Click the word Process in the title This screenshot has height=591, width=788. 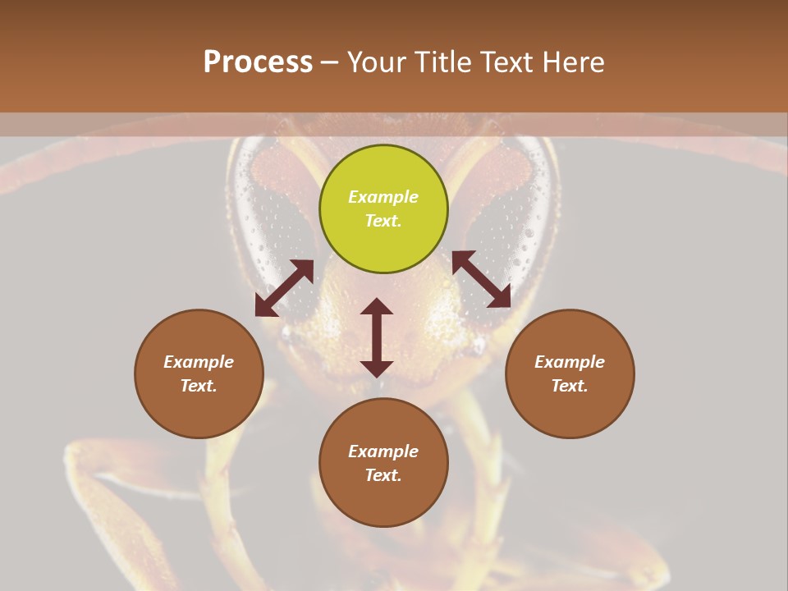pos(258,62)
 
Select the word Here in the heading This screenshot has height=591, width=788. pos(572,62)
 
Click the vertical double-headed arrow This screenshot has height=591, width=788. pos(377,337)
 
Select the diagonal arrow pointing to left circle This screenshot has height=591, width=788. pos(284,288)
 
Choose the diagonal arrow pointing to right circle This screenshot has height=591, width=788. pos(482,279)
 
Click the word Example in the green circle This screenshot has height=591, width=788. pos(383,197)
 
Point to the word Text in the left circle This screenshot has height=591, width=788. pos(199,386)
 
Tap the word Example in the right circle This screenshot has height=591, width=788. pos(570,362)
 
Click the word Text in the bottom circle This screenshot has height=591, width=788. pos(383,475)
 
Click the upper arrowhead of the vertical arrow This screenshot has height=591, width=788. pos(377,306)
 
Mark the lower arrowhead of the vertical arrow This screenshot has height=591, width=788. pos(377,369)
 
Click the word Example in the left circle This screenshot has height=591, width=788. pos(199,362)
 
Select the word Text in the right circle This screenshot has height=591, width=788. pos(570,386)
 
